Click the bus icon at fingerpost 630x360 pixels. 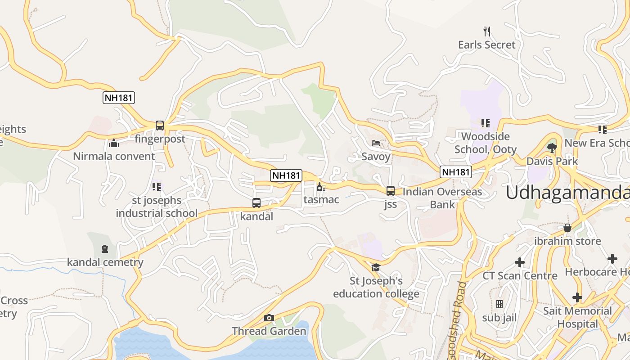pyautogui.click(x=160, y=126)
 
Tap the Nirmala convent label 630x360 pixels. pyautogui.click(x=114, y=156)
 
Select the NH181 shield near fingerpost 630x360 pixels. pyautogui.click(x=119, y=98)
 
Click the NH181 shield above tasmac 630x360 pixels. pyautogui.click(x=286, y=175)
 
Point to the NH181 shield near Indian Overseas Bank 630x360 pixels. pyautogui.click(x=456, y=171)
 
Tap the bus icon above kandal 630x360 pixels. pyautogui.click(x=256, y=203)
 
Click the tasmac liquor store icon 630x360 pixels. pyautogui.click(x=321, y=187)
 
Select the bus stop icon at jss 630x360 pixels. pyautogui.click(x=391, y=191)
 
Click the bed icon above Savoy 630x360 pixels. pyautogui.click(x=376, y=143)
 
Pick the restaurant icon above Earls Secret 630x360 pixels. pyautogui.click(x=486, y=31)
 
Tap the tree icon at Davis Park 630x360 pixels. pyautogui.click(x=552, y=148)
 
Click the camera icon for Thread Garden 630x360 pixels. pyautogui.click(x=269, y=318)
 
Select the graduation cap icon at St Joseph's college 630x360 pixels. pyautogui.click(x=375, y=268)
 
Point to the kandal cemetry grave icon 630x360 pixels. pyautogui.click(x=105, y=249)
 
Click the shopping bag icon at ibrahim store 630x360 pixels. pyautogui.click(x=567, y=228)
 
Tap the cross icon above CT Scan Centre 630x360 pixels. pyautogui.click(x=520, y=262)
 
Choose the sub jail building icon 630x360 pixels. pyautogui.click(x=499, y=304)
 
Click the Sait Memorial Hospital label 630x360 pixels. pyautogui.click(x=577, y=317)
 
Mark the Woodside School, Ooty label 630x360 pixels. pyautogui.click(x=486, y=143)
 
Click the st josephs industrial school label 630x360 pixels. pyautogui.click(x=157, y=207)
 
